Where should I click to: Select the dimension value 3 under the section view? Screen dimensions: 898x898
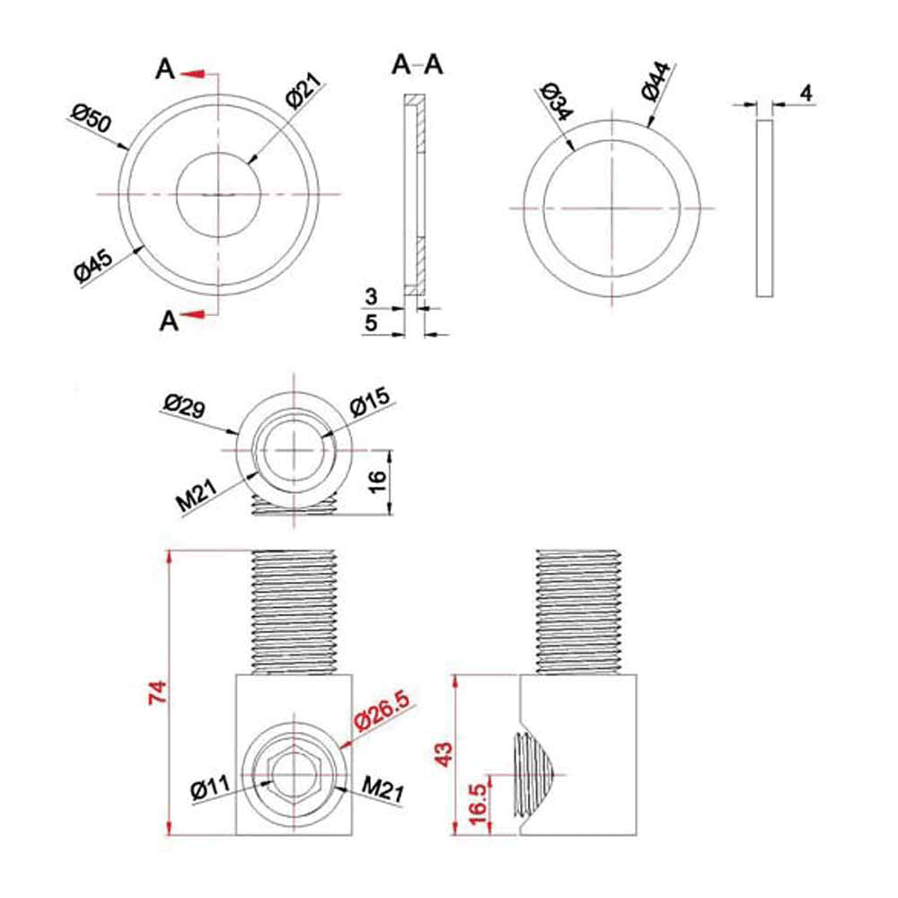pos(370,295)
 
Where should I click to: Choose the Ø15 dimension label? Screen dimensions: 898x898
pos(367,404)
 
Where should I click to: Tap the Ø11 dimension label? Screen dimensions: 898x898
pos(210,790)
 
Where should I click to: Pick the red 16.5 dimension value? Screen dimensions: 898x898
pos(478,801)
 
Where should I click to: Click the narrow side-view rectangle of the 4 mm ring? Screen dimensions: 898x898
pos(764,207)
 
